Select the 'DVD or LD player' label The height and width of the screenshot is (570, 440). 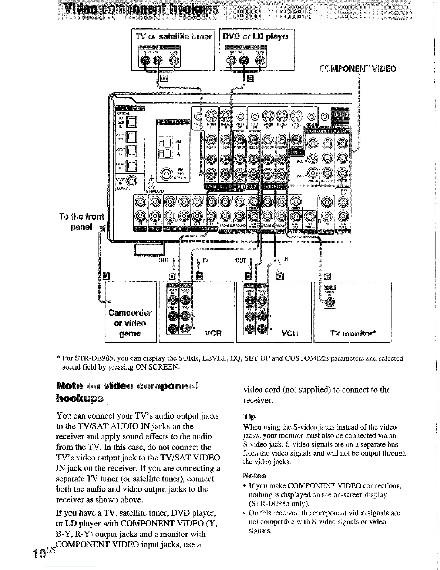(x=256, y=36)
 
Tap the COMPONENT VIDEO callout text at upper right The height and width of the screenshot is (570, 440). (x=358, y=69)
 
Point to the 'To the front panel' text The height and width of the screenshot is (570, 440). (x=82, y=222)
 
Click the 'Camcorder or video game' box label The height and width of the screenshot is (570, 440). (x=130, y=323)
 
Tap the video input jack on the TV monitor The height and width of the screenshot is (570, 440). (x=328, y=304)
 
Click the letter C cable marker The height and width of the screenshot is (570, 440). (x=327, y=276)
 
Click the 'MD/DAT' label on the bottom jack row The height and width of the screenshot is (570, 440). (x=177, y=229)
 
